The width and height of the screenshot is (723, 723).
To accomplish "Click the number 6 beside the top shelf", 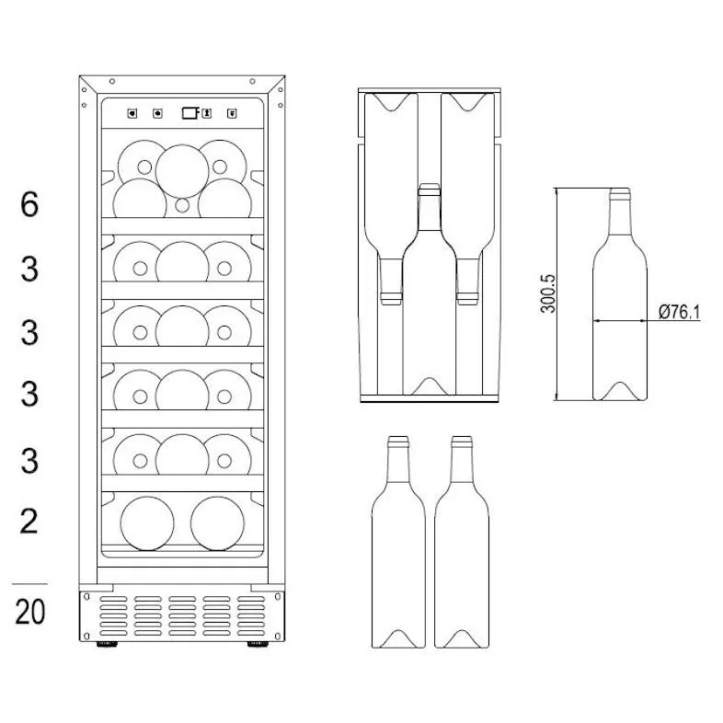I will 30,204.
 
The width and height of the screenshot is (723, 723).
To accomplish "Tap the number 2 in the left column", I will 30,521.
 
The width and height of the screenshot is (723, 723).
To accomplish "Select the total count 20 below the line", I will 30,610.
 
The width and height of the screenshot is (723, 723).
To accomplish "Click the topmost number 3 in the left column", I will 30,270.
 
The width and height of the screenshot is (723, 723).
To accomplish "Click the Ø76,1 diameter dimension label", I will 679,313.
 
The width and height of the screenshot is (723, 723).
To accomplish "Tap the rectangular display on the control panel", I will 189,113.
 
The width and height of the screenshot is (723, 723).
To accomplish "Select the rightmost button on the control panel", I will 231,114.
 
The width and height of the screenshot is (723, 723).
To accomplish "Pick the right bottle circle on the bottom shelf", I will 217,522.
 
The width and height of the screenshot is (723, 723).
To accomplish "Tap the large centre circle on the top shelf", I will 182,169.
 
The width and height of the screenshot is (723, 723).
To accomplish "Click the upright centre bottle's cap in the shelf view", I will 429,190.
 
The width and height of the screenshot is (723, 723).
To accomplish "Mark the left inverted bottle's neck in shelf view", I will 391,276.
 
